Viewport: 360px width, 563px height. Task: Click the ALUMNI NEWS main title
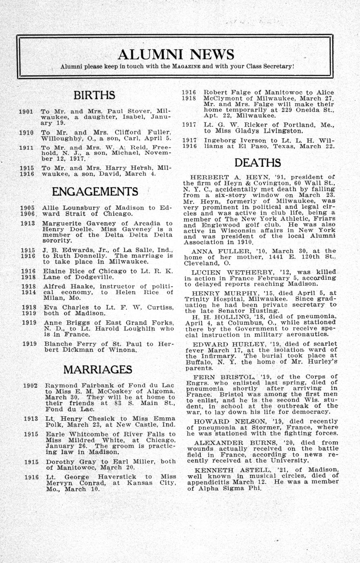coord(176,54)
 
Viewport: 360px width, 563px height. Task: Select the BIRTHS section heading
coord(94,95)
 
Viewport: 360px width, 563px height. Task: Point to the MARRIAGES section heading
coord(98,370)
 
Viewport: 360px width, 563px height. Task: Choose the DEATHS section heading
coord(258,163)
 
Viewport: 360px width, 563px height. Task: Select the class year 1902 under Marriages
coord(30,385)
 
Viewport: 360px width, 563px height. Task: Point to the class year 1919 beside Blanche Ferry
coord(30,344)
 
